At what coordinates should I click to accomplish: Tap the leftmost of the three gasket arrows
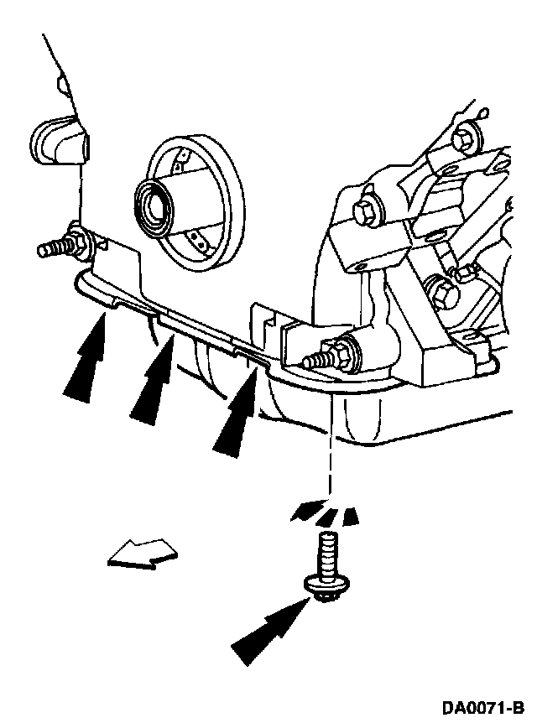point(90,356)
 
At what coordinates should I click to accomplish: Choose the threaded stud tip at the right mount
point(315,361)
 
